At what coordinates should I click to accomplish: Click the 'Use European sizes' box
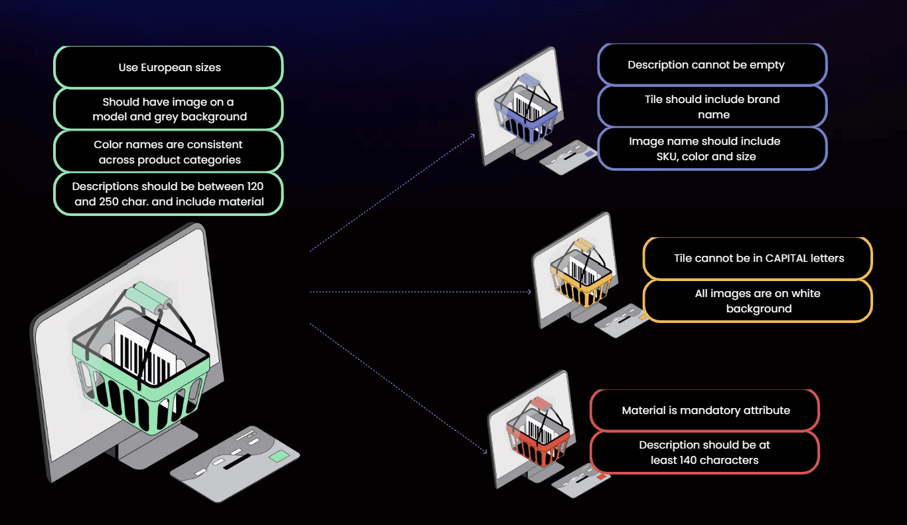tap(169, 67)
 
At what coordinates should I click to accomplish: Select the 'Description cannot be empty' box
tap(712, 64)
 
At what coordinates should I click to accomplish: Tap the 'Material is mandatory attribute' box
tap(705, 410)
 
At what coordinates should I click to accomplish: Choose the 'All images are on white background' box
tap(758, 301)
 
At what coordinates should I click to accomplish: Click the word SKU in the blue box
tap(667, 156)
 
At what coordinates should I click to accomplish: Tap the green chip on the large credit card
tap(280, 456)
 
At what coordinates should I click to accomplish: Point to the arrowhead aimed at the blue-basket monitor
tap(473, 136)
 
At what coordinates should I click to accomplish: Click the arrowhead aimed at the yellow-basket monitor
tap(529, 292)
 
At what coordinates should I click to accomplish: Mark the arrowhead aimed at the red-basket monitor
tap(485, 451)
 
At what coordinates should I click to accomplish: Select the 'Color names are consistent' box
tap(169, 152)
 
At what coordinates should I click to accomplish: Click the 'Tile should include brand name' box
tap(712, 106)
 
